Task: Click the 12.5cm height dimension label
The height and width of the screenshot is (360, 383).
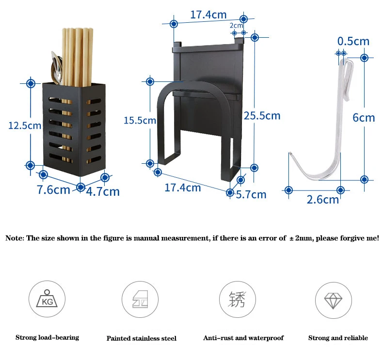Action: (x=25, y=125)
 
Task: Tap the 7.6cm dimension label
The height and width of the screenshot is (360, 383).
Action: (x=53, y=189)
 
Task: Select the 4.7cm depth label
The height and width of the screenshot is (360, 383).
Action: (x=103, y=191)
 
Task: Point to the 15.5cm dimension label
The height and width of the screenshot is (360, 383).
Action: (x=140, y=120)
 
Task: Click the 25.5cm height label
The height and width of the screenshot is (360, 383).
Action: (x=262, y=115)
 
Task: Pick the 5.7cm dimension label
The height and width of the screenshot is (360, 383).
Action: (x=251, y=194)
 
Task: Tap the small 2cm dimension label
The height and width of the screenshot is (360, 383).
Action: (x=236, y=25)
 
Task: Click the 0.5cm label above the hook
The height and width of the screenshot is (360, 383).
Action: (x=353, y=41)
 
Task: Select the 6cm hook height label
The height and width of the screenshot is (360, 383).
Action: (x=364, y=118)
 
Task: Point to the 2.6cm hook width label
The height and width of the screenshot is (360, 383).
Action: (x=323, y=199)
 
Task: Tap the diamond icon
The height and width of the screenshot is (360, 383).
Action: (x=334, y=299)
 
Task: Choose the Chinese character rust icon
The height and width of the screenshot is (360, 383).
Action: (x=238, y=299)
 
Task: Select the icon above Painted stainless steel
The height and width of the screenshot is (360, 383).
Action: (x=140, y=299)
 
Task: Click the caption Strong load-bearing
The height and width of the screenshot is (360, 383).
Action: (x=47, y=337)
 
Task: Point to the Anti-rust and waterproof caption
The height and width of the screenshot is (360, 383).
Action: (x=243, y=338)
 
